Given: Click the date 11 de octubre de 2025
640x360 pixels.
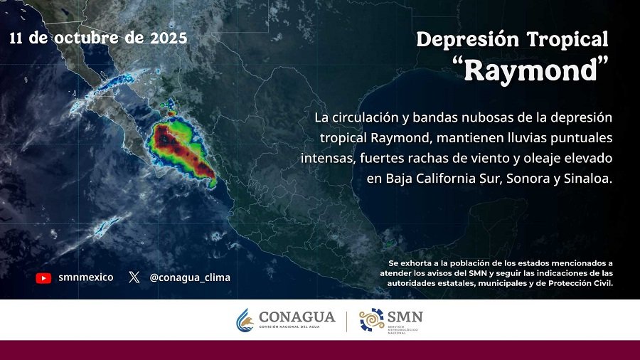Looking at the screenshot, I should click(x=98, y=38).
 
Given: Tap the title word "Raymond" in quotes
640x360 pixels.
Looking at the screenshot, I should click(x=531, y=70).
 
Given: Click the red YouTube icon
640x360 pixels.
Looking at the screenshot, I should click(x=43, y=278).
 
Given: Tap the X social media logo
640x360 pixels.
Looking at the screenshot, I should click(x=134, y=277).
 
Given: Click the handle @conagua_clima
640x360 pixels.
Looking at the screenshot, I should click(x=190, y=277).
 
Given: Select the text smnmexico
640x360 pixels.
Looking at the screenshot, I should click(x=85, y=277).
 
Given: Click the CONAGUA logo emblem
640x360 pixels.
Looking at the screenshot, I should click(x=245, y=320).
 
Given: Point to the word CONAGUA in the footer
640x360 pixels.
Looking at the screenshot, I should click(x=297, y=317).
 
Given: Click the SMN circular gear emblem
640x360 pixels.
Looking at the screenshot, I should click(x=371, y=320).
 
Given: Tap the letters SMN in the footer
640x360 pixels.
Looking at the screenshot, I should click(x=405, y=316).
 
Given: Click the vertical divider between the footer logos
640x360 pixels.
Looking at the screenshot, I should click(x=346, y=320).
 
